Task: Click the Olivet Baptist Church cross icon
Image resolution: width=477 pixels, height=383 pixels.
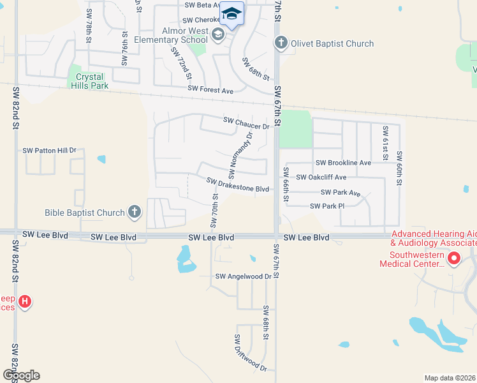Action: (x=281, y=43)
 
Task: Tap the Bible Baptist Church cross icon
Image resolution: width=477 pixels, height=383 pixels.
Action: (x=134, y=212)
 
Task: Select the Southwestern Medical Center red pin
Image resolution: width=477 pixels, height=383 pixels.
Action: (x=454, y=259)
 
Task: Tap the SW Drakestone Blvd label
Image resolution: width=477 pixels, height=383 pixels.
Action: (x=238, y=184)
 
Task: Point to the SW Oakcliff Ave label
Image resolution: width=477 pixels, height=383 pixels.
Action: (x=321, y=177)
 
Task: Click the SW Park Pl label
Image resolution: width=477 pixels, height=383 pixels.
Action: (x=327, y=206)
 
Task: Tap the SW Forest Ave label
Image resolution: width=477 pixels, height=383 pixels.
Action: (x=210, y=91)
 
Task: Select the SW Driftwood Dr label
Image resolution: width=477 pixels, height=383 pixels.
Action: (x=250, y=352)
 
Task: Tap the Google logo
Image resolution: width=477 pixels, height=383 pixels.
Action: (x=21, y=375)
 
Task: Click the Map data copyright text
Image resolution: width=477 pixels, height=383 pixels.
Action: (x=450, y=378)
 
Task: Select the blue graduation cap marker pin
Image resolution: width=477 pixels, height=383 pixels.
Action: (x=232, y=14)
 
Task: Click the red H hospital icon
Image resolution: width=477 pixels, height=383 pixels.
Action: (x=24, y=301)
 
